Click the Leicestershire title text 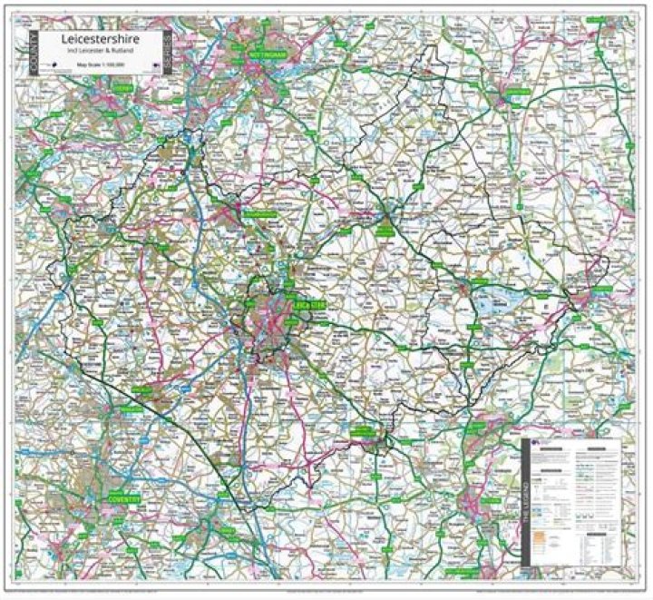(101, 41)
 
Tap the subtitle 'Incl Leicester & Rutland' (101, 53)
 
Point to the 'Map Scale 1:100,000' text (101, 64)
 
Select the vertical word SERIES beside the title (168, 52)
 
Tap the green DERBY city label (122, 89)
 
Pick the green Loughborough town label (262, 215)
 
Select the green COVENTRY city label (120, 498)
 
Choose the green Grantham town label (518, 93)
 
